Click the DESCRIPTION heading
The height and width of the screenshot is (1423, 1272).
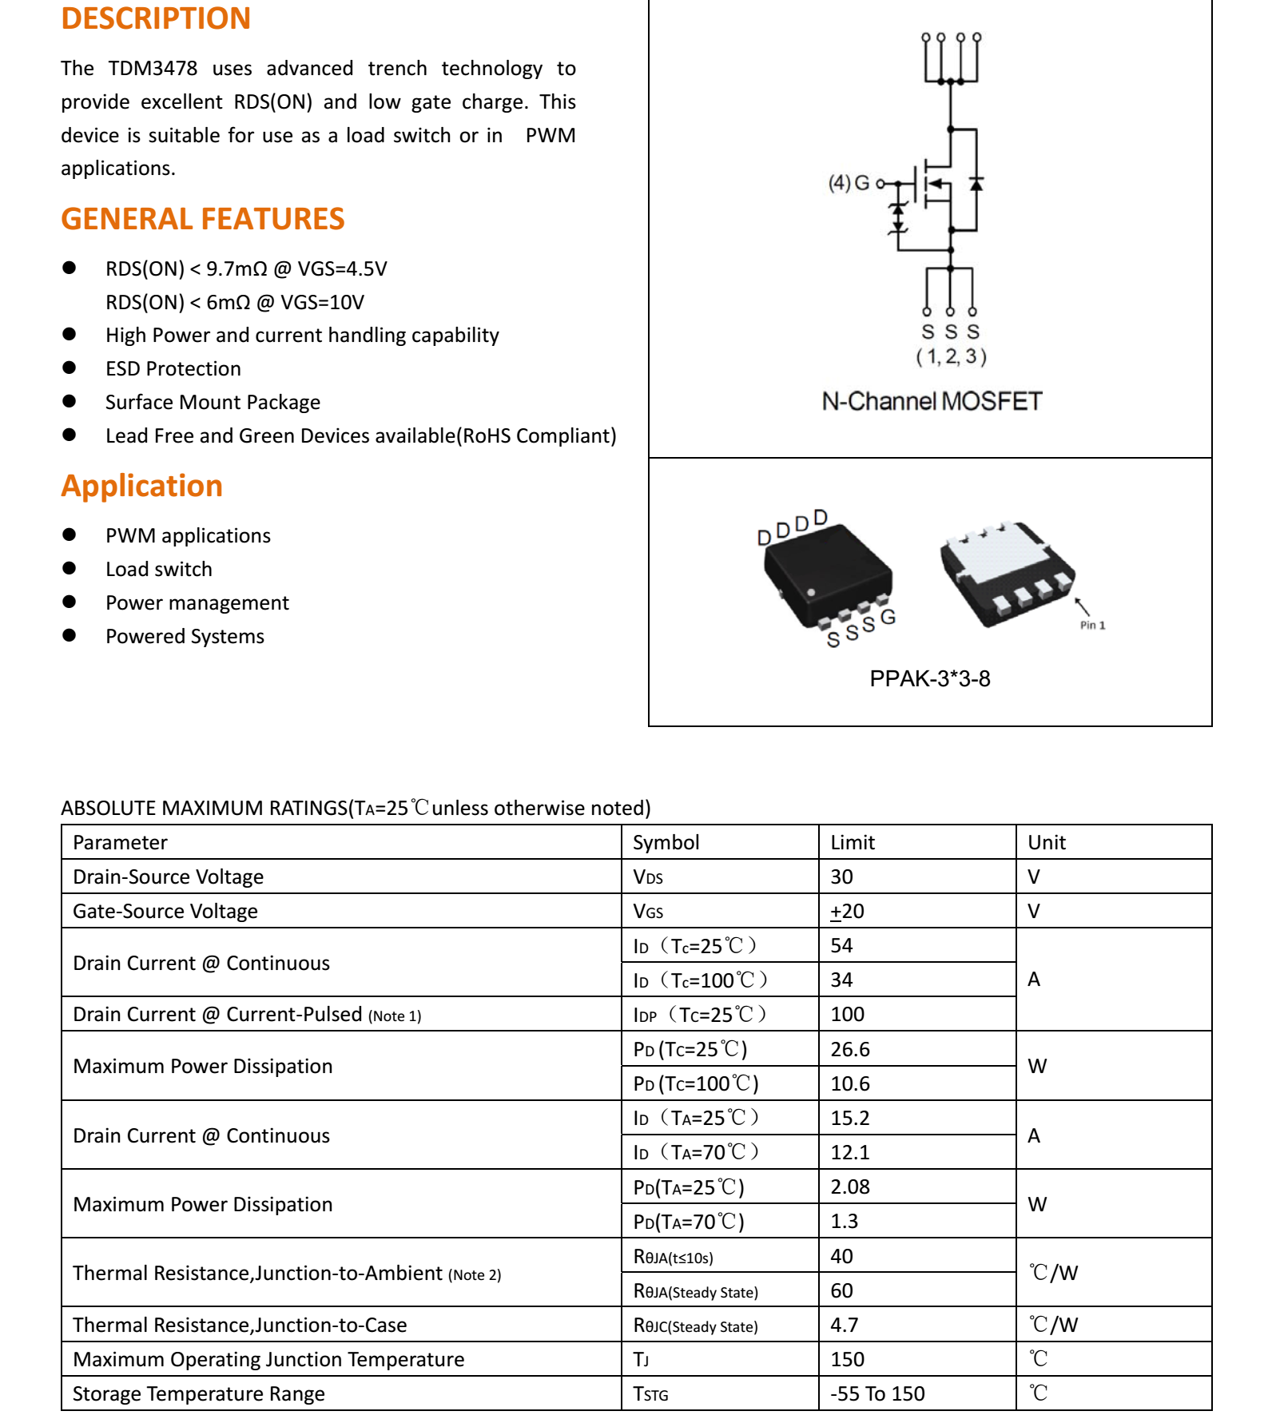tap(156, 18)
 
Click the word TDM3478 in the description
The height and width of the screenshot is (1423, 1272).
tap(153, 69)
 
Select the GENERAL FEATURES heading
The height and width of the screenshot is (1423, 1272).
tap(203, 219)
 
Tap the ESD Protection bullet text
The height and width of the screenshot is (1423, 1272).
tap(173, 368)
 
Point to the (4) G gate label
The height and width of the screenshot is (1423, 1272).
tap(849, 183)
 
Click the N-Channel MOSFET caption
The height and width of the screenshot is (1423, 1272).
tap(932, 401)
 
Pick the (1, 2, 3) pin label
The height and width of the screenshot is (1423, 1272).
tap(951, 356)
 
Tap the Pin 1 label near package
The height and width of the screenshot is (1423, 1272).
tap(1092, 626)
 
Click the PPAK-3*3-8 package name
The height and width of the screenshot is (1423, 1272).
tap(930, 678)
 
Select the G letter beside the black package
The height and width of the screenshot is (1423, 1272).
tap(888, 617)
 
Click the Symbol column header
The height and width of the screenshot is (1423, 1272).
tap(666, 842)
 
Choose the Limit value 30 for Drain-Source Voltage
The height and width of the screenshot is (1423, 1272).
tap(841, 876)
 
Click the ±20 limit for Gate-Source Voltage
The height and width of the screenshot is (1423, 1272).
tap(847, 911)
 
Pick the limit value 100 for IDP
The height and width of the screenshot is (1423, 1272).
tap(847, 1014)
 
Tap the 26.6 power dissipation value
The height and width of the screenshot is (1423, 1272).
tap(849, 1049)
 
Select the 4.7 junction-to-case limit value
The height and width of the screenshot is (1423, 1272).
tap(844, 1325)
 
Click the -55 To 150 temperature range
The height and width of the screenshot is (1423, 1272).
tap(877, 1393)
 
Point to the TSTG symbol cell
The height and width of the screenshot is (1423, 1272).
tap(650, 1394)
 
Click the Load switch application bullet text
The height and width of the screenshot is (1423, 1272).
tap(159, 569)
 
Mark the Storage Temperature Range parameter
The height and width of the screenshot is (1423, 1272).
tap(199, 1393)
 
